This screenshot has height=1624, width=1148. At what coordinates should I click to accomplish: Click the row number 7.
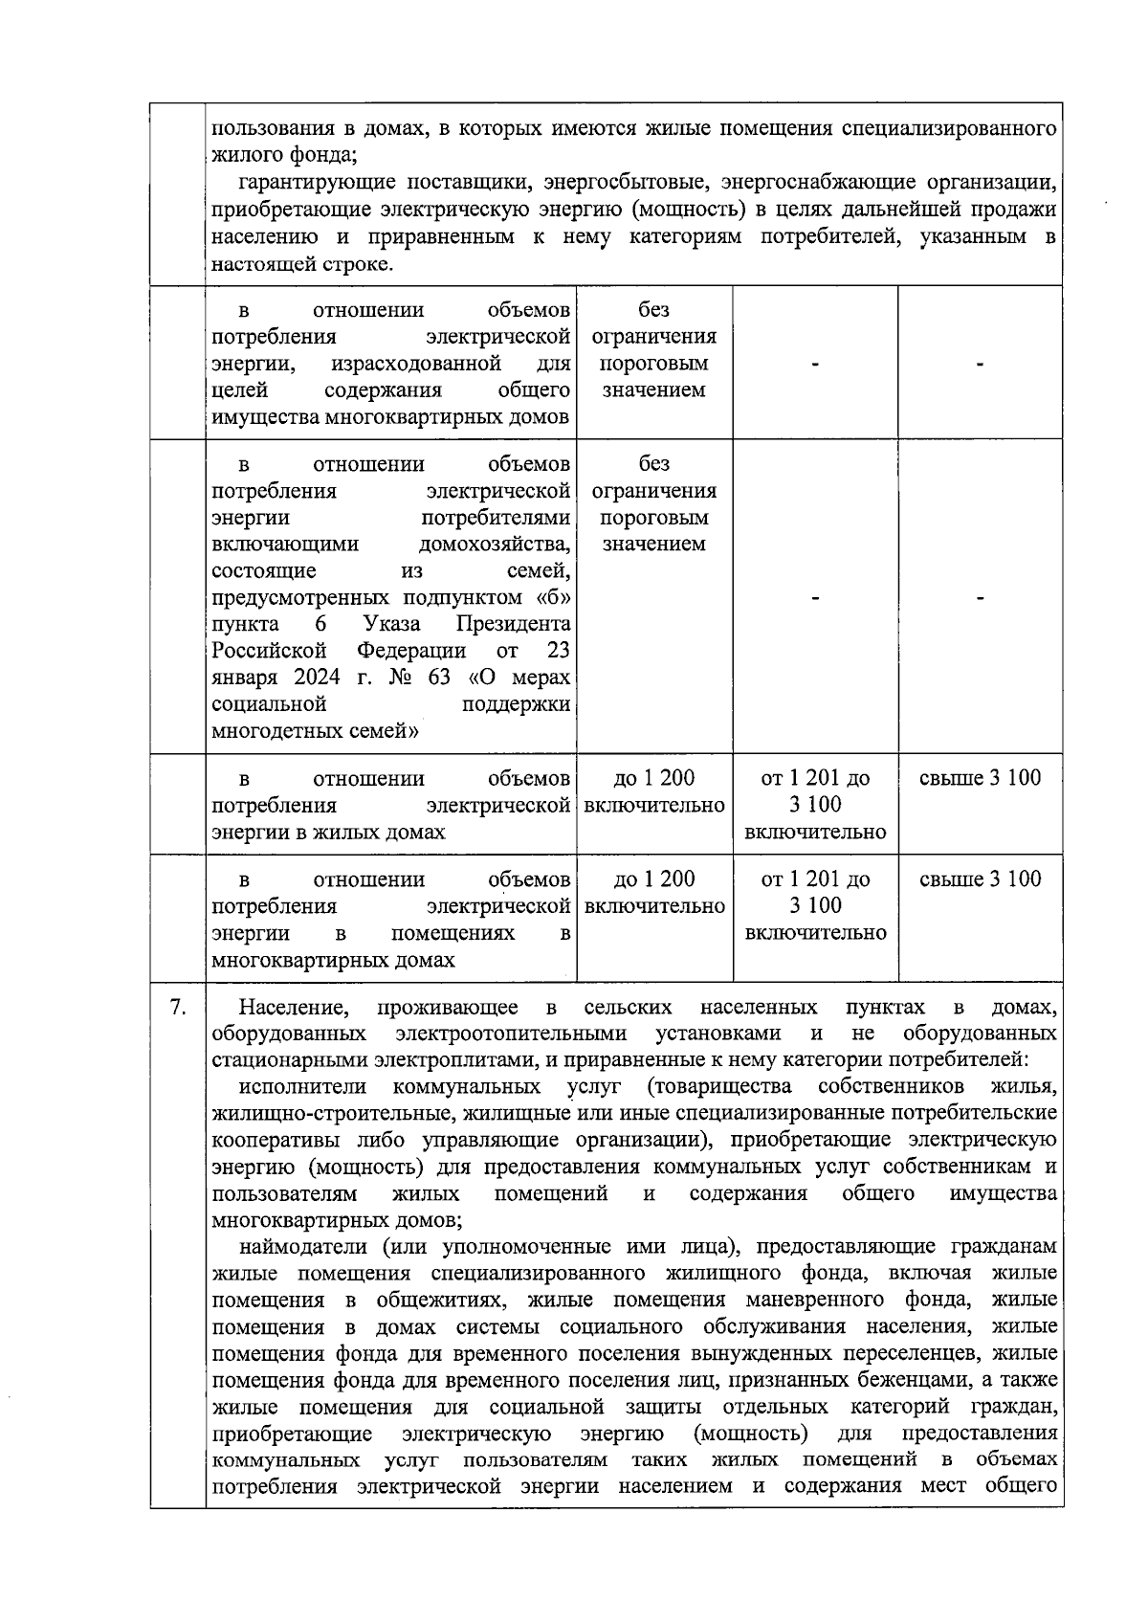click(x=177, y=1007)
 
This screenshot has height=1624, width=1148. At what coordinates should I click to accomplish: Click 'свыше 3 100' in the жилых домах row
click(x=980, y=778)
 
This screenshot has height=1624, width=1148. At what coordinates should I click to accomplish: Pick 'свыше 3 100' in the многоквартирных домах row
click(x=980, y=879)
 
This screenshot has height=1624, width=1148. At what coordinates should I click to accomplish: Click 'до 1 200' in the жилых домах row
click(x=654, y=778)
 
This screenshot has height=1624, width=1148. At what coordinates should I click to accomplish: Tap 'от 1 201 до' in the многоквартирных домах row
click(x=815, y=879)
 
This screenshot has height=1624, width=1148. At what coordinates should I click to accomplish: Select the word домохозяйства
click(x=495, y=544)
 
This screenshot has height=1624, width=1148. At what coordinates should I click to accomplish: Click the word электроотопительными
click(x=511, y=1034)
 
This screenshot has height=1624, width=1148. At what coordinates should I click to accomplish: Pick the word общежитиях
click(x=443, y=1300)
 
